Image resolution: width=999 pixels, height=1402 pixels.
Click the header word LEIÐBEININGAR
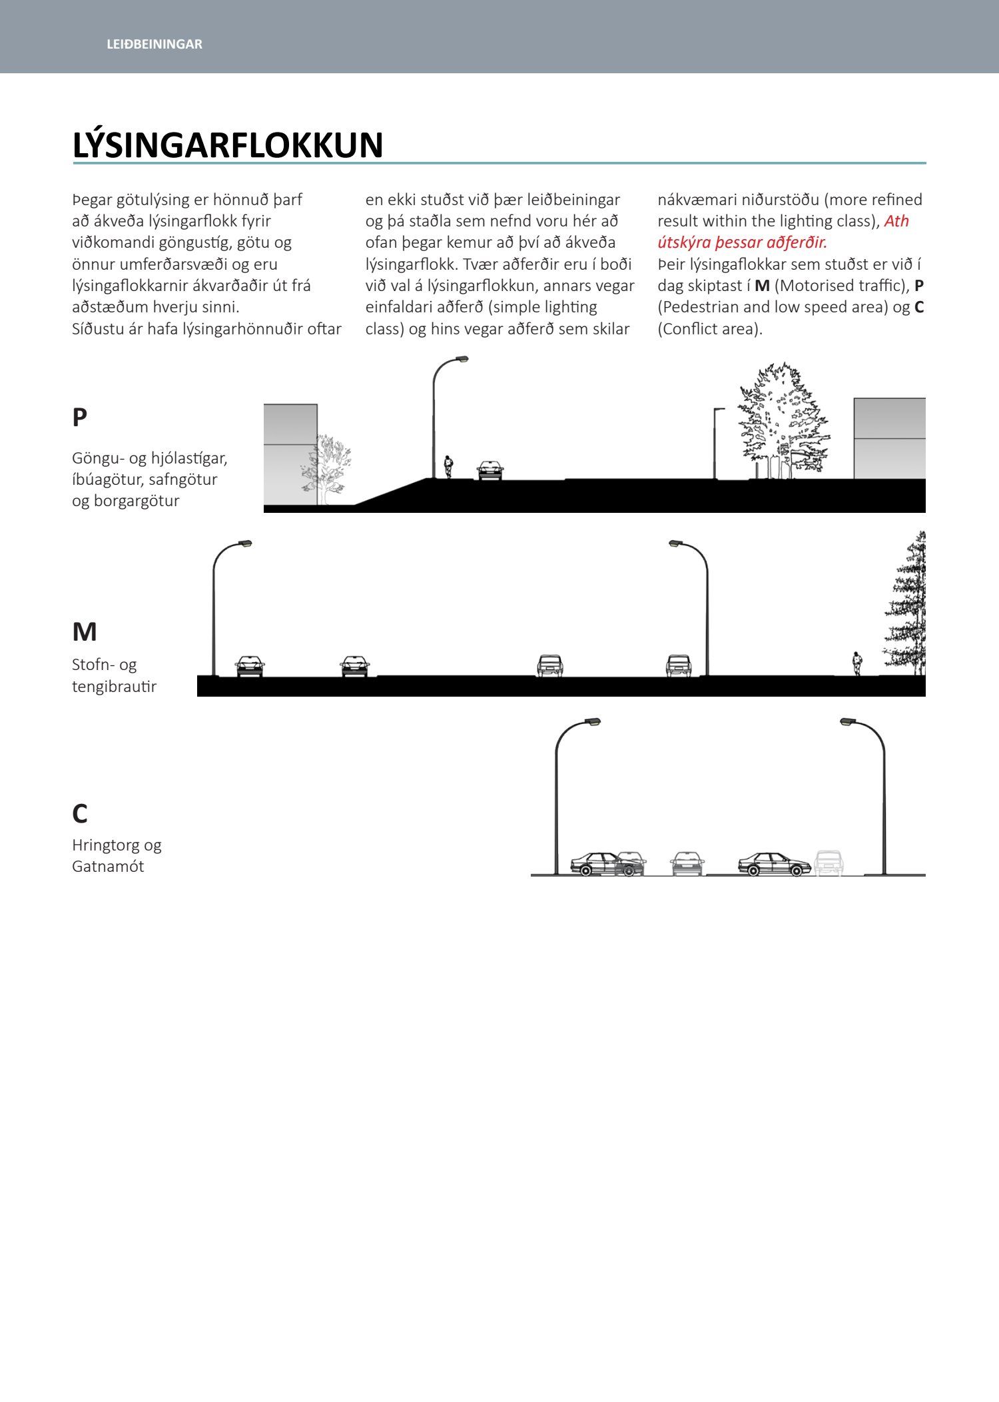tap(154, 44)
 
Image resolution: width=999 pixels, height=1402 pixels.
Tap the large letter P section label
tap(79, 418)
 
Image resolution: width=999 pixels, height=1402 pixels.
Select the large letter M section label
tap(85, 631)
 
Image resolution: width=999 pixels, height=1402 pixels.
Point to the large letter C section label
tap(79, 813)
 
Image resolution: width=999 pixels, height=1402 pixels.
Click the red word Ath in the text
tap(896, 221)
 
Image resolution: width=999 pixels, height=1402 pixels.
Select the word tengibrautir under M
tap(114, 687)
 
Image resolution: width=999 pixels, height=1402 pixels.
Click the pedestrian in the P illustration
tap(449, 466)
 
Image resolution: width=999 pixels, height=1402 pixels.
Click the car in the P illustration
tap(490, 470)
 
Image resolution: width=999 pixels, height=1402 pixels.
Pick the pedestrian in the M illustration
tap(857, 663)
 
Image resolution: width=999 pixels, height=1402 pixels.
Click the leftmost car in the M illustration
tap(250, 666)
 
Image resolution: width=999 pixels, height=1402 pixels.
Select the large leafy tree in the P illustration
tap(784, 420)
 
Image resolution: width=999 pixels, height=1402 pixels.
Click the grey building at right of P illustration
tap(889, 438)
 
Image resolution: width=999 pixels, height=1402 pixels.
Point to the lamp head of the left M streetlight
tap(245, 543)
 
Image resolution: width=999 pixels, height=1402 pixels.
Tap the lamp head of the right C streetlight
tap(847, 721)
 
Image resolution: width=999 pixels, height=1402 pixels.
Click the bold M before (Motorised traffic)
tap(762, 286)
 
